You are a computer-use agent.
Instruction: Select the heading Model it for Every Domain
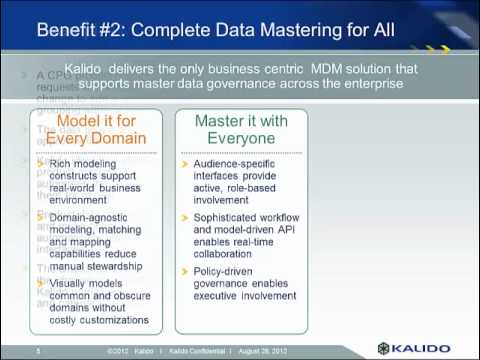97,129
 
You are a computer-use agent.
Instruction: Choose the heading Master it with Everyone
239,129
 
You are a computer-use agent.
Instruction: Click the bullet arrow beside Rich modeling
40,162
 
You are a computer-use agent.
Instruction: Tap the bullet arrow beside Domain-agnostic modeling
40,216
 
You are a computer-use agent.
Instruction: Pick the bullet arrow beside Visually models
40,281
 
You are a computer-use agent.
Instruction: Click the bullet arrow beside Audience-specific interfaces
184,162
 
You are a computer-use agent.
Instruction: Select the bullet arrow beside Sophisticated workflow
184,216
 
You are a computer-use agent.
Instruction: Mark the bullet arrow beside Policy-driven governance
184,270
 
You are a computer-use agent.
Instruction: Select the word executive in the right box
219,296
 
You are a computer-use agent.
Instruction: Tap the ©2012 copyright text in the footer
118,351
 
